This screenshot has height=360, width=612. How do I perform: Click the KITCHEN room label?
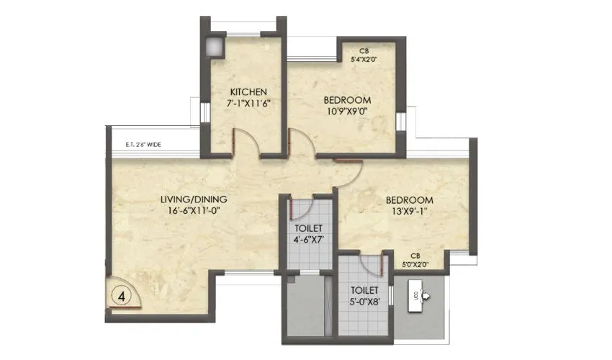(x=248, y=92)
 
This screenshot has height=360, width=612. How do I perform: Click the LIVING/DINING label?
(x=194, y=199)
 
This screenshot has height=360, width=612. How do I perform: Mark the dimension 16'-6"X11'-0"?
(x=194, y=212)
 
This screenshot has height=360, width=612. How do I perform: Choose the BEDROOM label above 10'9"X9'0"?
(x=346, y=99)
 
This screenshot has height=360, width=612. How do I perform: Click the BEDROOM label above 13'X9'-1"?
(x=409, y=199)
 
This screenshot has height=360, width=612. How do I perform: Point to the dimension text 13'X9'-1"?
(x=409, y=212)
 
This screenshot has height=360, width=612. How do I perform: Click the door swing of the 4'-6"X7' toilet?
(x=299, y=208)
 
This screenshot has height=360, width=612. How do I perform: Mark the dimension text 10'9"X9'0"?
(x=346, y=112)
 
